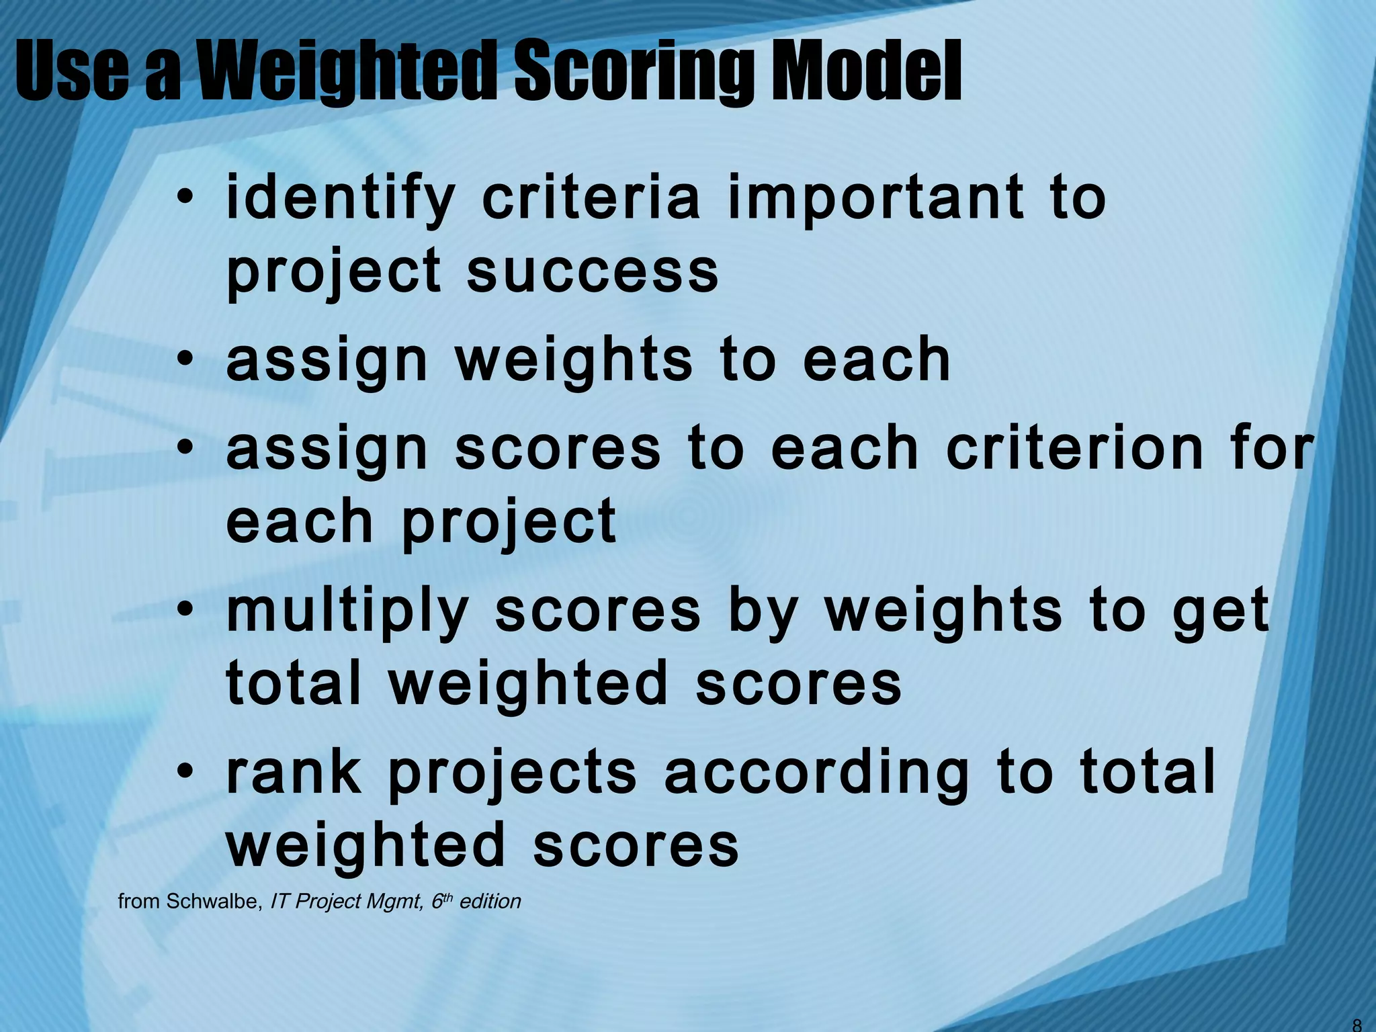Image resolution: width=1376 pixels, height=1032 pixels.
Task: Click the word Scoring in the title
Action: pos(638,71)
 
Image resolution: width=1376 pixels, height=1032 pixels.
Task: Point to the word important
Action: pos(875,199)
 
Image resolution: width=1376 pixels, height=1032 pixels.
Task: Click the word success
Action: pos(593,272)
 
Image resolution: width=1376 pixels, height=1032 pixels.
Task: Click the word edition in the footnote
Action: pos(490,902)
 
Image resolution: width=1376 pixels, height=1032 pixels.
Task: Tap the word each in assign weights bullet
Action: pos(876,359)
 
